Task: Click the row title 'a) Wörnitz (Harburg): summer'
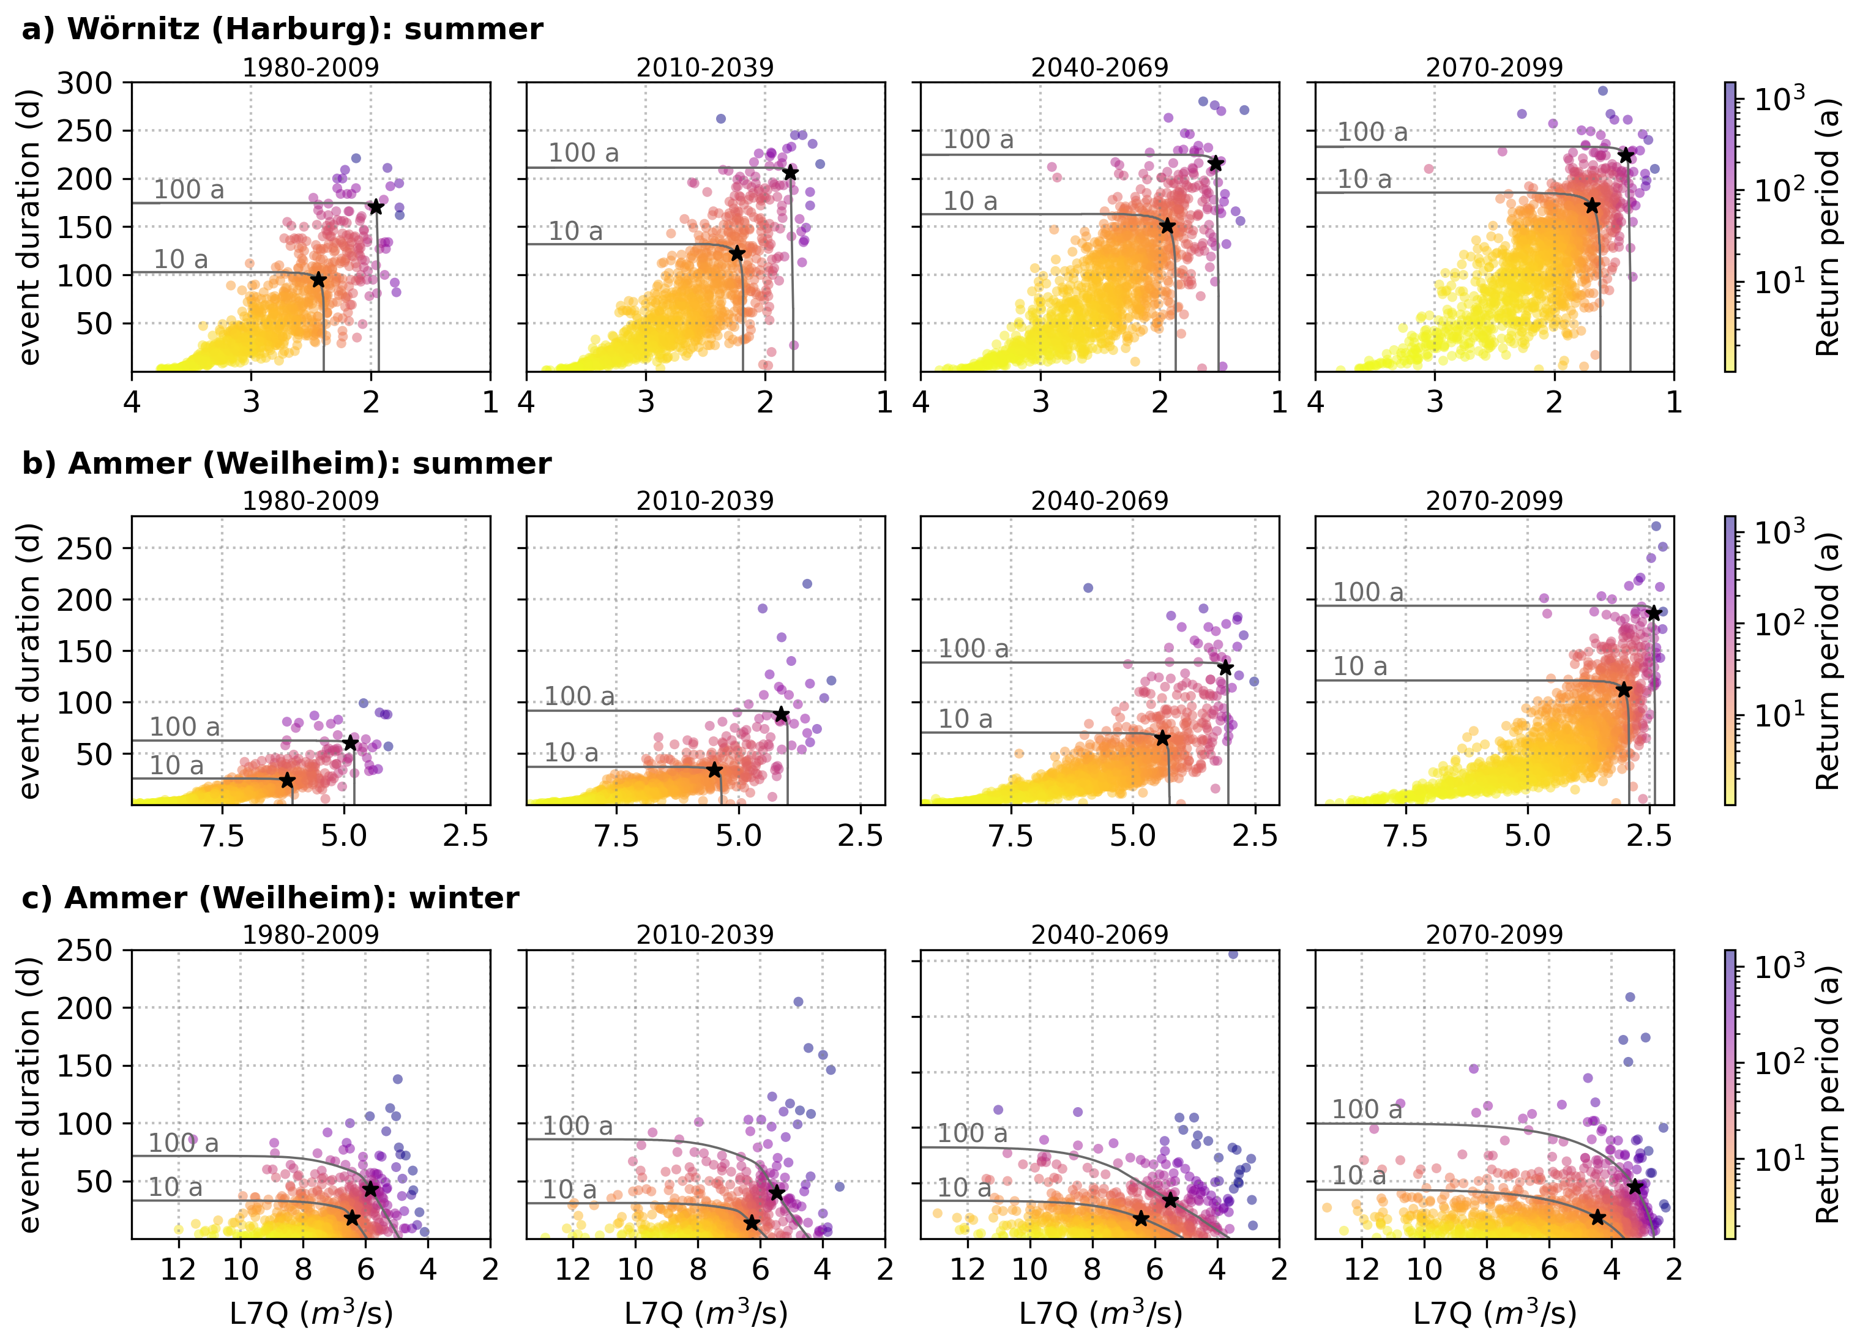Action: click(x=282, y=29)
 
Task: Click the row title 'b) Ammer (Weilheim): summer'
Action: click(x=286, y=463)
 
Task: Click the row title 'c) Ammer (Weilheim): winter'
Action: click(x=271, y=898)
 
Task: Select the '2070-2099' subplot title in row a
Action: click(x=1494, y=67)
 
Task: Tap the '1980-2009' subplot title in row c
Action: click(x=311, y=934)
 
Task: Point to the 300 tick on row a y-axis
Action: click(x=84, y=83)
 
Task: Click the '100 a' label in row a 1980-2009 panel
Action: click(x=189, y=190)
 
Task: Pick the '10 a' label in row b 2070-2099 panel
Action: click(x=1360, y=666)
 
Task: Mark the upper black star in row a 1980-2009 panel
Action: click(x=376, y=207)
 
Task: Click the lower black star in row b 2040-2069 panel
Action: click(x=1162, y=739)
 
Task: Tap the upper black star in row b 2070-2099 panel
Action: click(x=1653, y=613)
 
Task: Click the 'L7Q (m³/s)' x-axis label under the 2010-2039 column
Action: click(x=705, y=1313)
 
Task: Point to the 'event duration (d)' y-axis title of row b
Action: click(x=29, y=660)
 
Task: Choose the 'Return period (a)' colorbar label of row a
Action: click(x=1827, y=227)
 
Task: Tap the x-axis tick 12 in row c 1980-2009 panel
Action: click(x=178, y=1269)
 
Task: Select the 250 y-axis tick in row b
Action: click(x=84, y=548)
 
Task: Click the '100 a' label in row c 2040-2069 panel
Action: click(x=973, y=1133)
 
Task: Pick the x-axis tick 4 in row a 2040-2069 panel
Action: click(x=921, y=402)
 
